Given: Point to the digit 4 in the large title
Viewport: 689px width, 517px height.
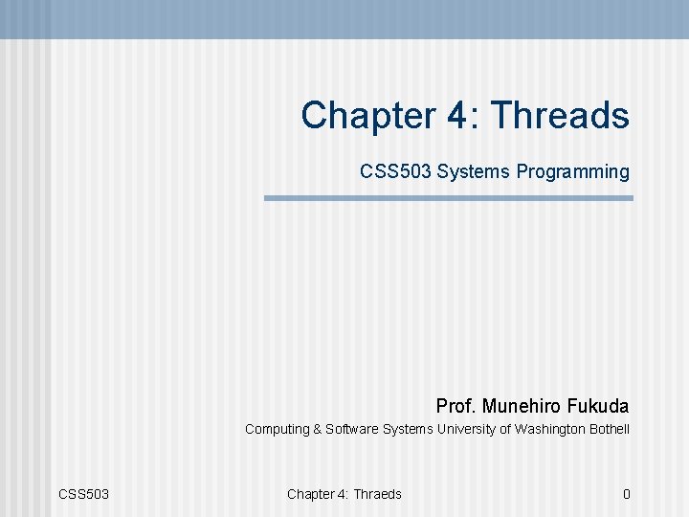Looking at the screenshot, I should point(456,116).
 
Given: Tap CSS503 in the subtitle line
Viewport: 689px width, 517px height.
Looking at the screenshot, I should point(396,172).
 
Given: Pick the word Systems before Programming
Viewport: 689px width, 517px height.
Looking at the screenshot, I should point(475,172).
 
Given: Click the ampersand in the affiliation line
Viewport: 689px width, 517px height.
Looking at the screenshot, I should point(318,430).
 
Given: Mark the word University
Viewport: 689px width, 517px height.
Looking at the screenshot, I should point(466,430).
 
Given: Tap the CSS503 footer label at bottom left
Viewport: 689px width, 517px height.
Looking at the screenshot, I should point(84,494).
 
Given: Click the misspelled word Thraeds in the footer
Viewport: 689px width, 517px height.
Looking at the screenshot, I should point(377,494).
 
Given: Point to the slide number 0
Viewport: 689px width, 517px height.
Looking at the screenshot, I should point(626,494).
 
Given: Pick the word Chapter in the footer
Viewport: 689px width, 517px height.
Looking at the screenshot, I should point(310,494).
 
